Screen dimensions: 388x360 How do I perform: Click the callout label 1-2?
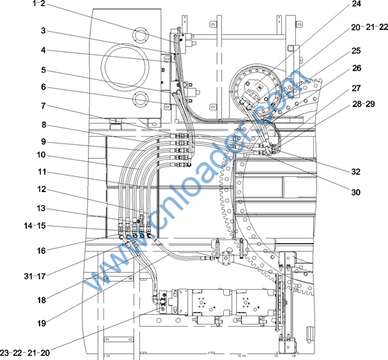pyautogui.click(x=39, y=3)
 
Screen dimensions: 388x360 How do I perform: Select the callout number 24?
pyautogui.click(x=356, y=4)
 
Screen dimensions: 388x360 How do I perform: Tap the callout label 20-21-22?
pyautogui.click(x=369, y=27)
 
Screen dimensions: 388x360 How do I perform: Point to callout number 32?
pyautogui.click(x=356, y=171)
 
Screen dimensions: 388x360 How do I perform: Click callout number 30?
pyautogui.click(x=356, y=192)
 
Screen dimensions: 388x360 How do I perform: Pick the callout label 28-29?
pyautogui.click(x=364, y=104)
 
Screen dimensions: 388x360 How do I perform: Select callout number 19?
pyautogui.click(x=42, y=323)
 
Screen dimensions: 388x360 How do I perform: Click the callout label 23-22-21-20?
pyautogui.click(x=25, y=352)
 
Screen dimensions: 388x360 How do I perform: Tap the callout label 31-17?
pyautogui.click(x=35, y=276)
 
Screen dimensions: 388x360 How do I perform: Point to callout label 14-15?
pyautogui.click(x=35, y=225)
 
